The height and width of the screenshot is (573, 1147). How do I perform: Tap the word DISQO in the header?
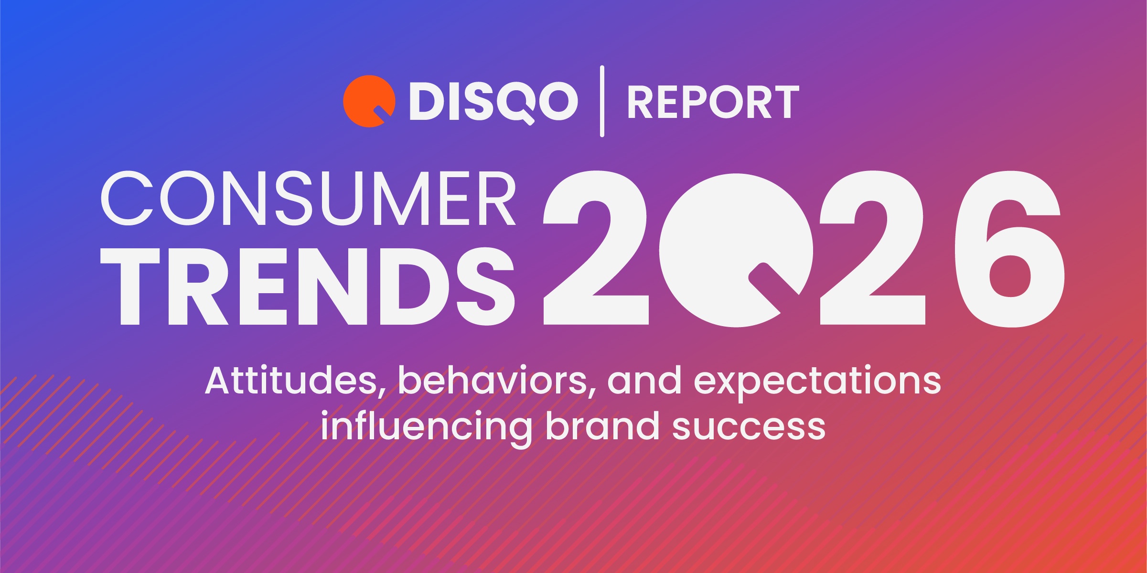coord(493,101)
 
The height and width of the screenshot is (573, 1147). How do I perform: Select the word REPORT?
coord(713,102)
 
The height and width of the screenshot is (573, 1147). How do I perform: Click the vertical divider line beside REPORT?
coord(602,101)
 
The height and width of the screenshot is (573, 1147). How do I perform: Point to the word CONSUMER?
coord(308,198)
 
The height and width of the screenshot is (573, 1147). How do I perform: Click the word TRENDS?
coord(308,286)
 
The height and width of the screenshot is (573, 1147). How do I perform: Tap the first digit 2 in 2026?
coord(596,248)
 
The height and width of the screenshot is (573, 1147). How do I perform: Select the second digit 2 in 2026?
coord(872,248)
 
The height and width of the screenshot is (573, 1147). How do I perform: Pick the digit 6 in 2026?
coord(1009,248)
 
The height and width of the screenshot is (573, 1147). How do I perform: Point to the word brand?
coord(602,426)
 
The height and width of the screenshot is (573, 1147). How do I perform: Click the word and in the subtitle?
coord(644,381)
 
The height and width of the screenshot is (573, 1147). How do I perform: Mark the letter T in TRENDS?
coord(130,286)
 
